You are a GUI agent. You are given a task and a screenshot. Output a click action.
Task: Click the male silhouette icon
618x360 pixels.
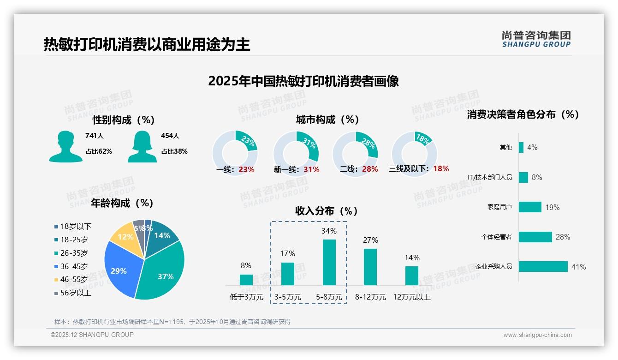coord(65,146)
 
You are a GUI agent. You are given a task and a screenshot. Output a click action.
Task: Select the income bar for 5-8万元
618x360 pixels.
coord(329,262)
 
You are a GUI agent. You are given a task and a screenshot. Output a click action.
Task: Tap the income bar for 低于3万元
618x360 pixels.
coord(246,280)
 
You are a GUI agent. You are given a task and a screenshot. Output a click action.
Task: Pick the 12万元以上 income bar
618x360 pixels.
coord(412,276)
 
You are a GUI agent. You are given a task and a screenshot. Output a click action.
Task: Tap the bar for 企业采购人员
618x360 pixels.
coord(543,266)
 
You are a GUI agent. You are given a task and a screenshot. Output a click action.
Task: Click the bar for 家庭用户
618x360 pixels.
coord(530,207)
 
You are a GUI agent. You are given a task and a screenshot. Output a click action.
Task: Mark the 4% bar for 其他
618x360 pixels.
coord(521,147)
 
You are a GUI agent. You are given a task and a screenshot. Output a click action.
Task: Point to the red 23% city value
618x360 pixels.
coord(246,169)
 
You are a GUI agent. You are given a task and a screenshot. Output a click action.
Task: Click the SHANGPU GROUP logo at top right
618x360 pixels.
coord(536,39)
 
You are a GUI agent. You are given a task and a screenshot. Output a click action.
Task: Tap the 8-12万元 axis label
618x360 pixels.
coord(370,297)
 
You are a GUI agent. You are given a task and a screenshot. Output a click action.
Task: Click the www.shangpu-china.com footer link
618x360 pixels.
coord(537,335)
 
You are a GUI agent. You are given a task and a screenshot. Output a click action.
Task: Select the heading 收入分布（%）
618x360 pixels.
coord(327,211)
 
